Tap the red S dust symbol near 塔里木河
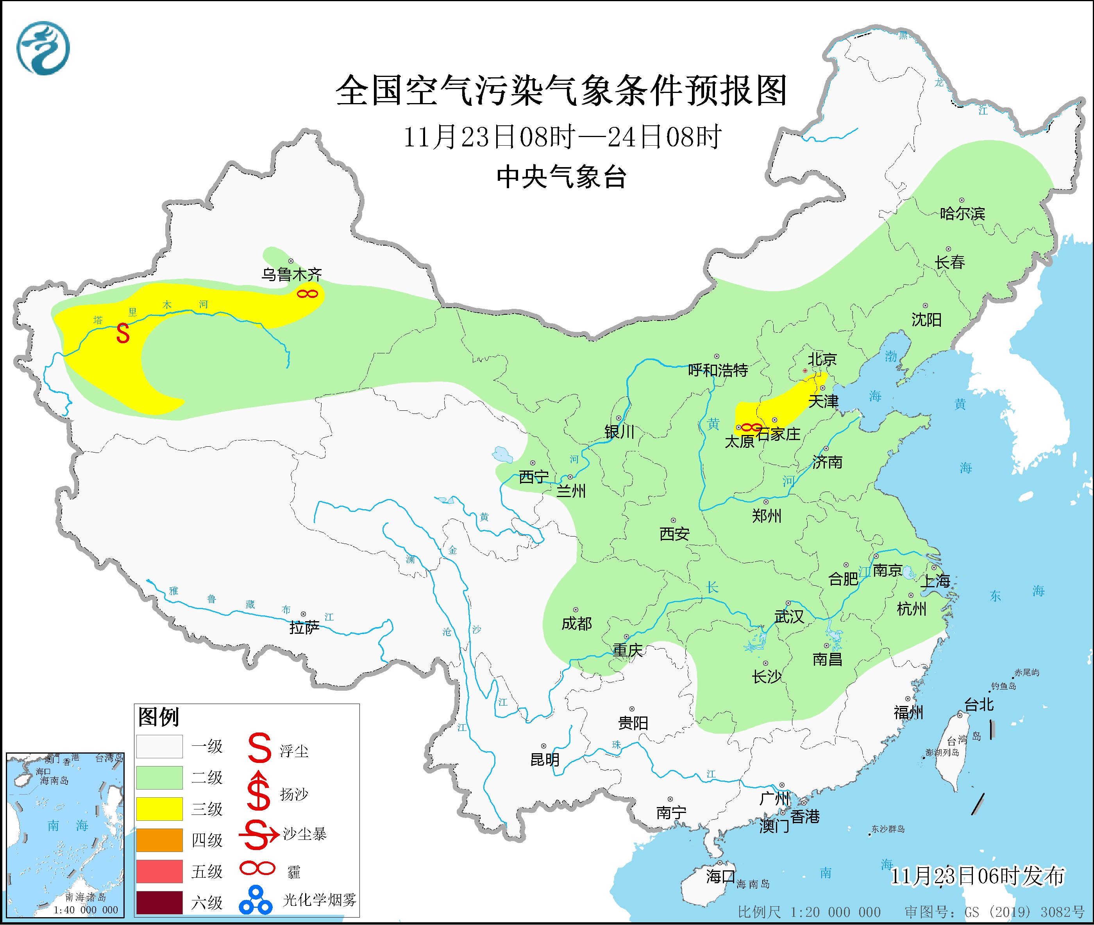pos(123,333)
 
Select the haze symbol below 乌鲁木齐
pos(307,294)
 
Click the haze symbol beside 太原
pos(751,428)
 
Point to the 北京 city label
pos(822,359)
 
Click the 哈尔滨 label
pos(962,214)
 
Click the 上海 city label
pos(935,581)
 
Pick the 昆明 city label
pos(545,759)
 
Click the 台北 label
pos(979,704)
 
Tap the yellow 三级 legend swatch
pos(159,809)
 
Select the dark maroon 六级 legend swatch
pos(159,902)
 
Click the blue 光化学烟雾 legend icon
pos(256,900)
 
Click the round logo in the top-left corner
pos(43,48)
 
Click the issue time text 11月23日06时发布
pos(977,876)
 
